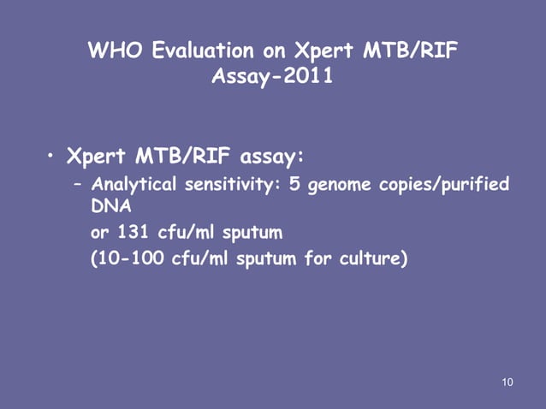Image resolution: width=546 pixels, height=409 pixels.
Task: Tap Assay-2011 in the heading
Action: tap(272, 79)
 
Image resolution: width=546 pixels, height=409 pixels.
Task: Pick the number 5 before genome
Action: tap(295, 186)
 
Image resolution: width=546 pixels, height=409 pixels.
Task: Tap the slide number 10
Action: tap(507, 381)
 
